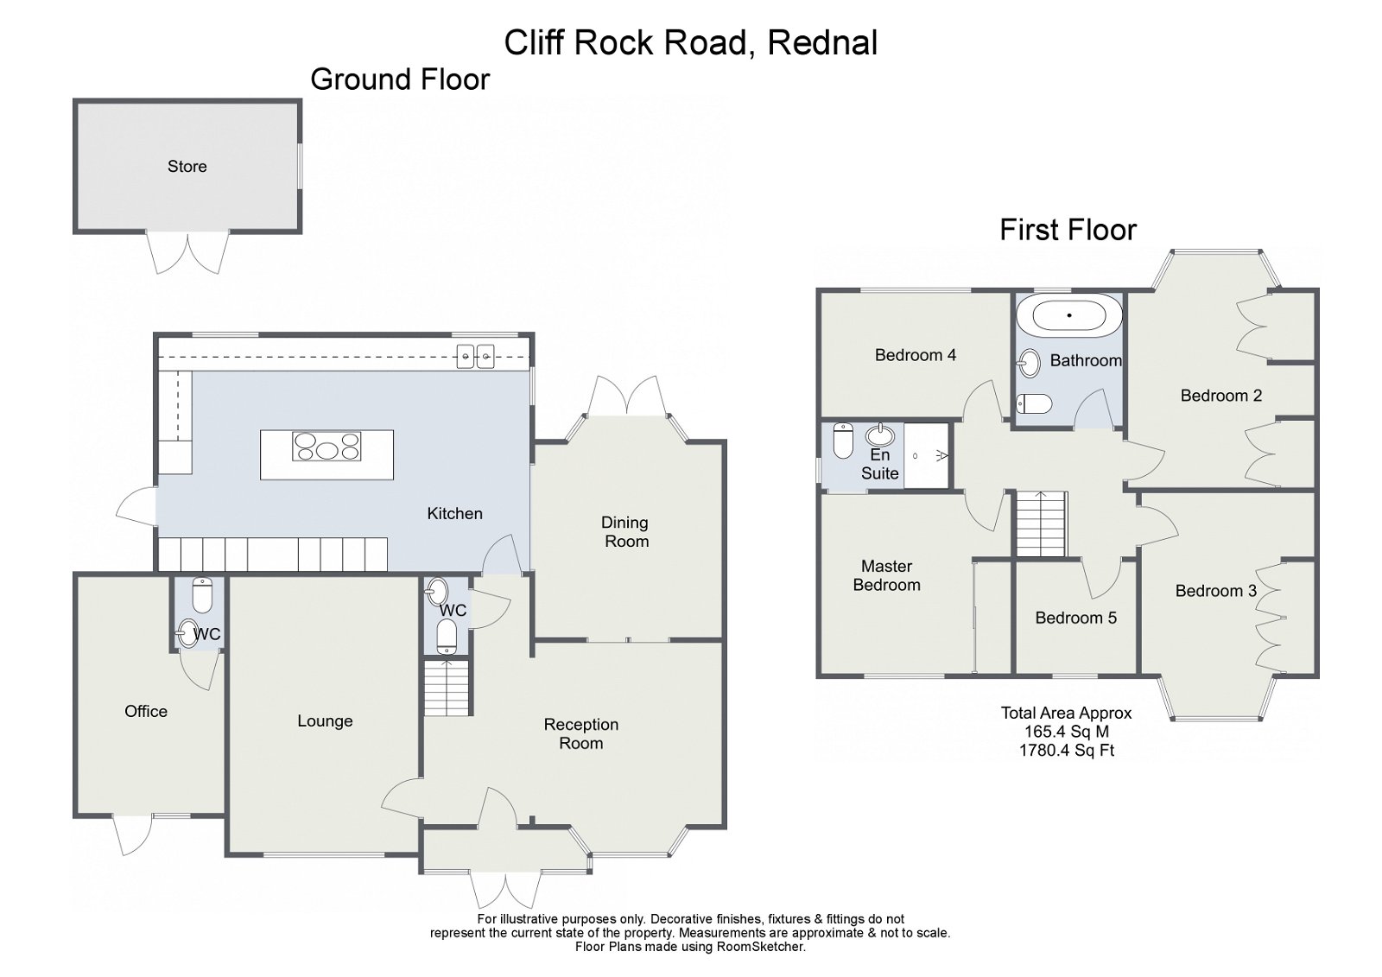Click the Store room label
(187, 167)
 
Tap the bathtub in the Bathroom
(1069, 315)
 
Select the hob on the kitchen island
(326, 447)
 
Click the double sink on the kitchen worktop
(475, 354)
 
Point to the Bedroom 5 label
(1075, 618)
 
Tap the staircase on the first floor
(1042, 524)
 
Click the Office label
(146, 711)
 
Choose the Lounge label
(325, 721)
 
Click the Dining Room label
(625, 532)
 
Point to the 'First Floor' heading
(1068, 230)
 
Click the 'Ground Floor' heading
(400, 79)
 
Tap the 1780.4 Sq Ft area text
(1067, 751)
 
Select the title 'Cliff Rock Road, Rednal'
(691, 42)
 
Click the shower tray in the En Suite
(927, 455)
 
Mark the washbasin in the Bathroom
(1029, 364)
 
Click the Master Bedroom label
(886, 575)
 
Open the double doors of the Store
(187, 251)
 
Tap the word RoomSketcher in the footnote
(760, 947)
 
